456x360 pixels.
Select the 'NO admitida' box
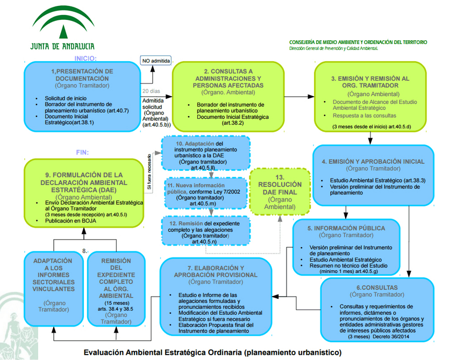(x=156, y=61)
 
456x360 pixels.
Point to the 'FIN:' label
(x=82, y=152)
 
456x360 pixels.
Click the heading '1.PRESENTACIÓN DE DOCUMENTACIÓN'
(x=82, y=74)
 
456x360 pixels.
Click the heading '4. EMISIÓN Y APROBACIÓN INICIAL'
(x=373, y=161)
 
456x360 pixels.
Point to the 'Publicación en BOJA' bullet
(x=70, y=221)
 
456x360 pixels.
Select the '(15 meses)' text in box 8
(x=116, y=303)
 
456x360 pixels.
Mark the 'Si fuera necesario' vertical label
(x=149, y=171)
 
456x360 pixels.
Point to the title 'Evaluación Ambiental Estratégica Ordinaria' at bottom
(x=162, y=352)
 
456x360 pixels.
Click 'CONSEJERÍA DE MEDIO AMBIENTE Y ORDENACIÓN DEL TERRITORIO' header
(x=358, y=42)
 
